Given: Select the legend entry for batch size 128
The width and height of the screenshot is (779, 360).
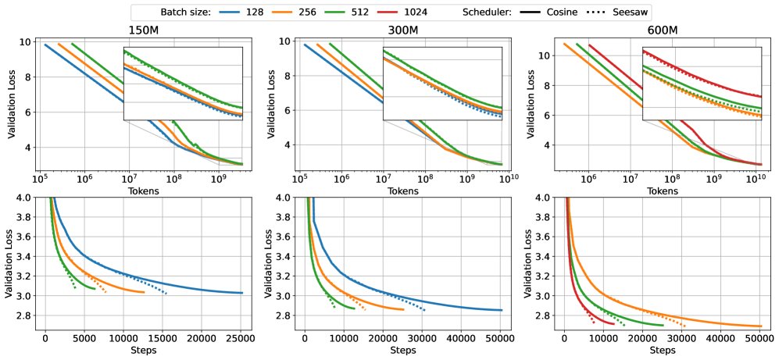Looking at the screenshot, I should coord(239,12).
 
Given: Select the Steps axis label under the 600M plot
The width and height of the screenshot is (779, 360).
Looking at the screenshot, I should coord(663,351).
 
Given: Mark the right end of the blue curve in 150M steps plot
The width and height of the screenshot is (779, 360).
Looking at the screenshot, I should coord(242,293).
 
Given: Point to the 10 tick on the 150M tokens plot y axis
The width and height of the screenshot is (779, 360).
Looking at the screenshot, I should coord(29,42).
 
